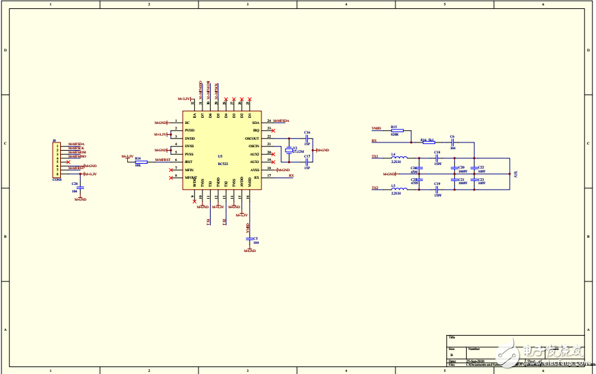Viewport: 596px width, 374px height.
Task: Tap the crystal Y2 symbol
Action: point(289,149)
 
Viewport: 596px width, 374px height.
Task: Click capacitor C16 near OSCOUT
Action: point(307,138)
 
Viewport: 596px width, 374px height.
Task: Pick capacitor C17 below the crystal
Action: point(307,162)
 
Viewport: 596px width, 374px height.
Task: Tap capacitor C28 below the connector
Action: point(81,187)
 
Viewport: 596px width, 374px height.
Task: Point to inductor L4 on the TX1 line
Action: point(395,158)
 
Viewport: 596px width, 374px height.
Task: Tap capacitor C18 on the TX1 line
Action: point(437,158)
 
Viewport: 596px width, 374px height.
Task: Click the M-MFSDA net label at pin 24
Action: point(282,121)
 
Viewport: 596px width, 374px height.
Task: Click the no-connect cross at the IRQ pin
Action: point(274,130)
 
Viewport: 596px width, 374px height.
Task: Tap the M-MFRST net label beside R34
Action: point(162,160)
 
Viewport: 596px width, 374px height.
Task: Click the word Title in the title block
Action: point(452,337)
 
